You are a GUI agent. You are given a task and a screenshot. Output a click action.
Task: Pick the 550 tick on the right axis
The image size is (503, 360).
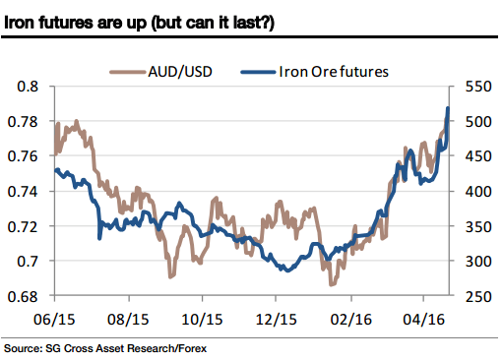coord(474,87)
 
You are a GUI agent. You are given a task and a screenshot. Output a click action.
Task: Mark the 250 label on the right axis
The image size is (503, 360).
coord(474,296)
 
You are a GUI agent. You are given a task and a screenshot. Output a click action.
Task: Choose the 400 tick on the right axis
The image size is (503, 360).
coord(474,191)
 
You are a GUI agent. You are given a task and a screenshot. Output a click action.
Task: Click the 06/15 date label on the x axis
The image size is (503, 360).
coord(55,320)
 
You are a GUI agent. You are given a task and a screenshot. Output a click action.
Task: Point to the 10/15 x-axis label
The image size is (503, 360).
coord(203,320)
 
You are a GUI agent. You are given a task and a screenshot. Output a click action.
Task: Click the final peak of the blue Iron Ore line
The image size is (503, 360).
coord(448,108)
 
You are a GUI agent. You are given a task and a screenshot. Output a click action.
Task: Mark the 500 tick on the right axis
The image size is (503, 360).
coord(474,121)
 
